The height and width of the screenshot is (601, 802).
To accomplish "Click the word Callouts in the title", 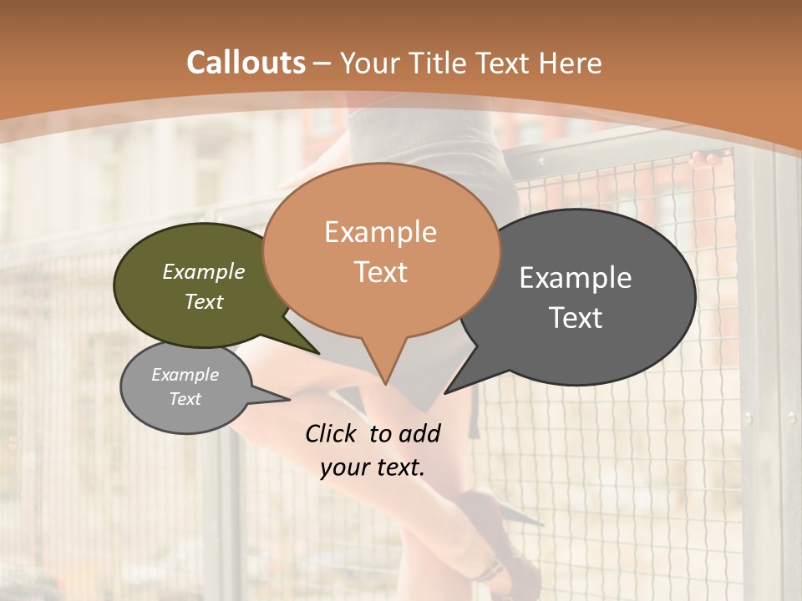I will point(246,63).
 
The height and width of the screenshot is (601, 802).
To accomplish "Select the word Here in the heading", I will point(569,63).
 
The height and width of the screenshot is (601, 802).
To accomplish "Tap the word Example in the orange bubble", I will point(380,232).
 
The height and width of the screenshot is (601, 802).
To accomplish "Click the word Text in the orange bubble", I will point(380,271).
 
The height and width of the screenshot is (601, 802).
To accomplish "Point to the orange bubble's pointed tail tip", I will point(385,384).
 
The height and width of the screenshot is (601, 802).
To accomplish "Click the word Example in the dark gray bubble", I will point(576,278).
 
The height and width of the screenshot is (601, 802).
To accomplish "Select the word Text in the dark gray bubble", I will point(576,317).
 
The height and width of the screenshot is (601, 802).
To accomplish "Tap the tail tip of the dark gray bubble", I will point(445,392).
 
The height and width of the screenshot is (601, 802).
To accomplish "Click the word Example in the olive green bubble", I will point(203,271).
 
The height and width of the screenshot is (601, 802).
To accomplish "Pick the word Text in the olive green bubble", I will point(203,301).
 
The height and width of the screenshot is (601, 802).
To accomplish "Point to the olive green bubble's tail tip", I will point(318,353).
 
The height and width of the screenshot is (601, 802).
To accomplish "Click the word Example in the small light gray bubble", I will point(185,375).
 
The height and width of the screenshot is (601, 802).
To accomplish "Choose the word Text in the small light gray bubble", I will point(185,399).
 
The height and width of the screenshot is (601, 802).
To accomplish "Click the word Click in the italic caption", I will point(333,433).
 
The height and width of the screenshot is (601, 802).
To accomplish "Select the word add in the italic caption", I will point(419,433).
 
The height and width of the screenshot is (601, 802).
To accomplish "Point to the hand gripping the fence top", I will point(707,156).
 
